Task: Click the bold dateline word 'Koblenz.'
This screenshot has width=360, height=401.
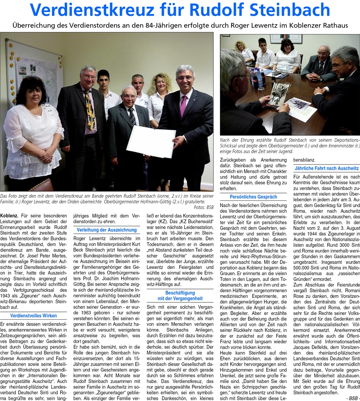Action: pos(9,214)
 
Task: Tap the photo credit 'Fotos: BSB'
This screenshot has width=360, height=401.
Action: pos(203,207)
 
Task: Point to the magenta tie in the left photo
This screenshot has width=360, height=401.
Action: pos(183,105)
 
